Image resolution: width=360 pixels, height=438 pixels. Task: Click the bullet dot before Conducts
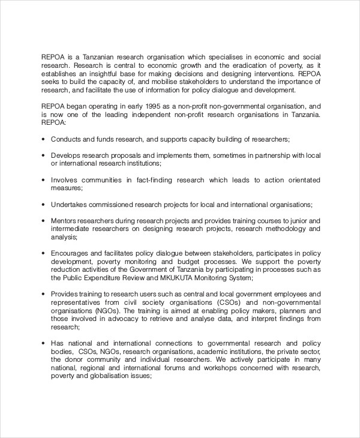43,139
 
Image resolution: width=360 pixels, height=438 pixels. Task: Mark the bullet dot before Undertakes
43,204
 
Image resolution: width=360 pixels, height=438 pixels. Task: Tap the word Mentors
64,220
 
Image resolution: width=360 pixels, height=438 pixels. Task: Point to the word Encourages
70,253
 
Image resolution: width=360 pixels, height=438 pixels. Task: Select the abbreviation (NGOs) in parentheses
104,311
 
